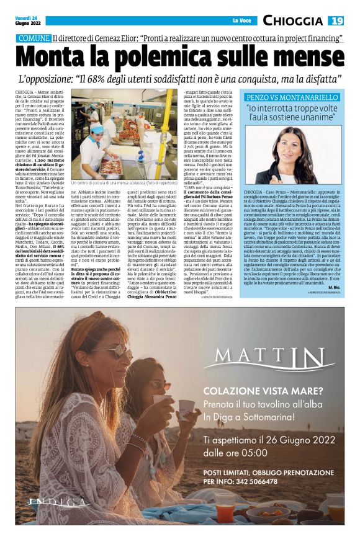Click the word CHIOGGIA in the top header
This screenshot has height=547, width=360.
[295, 20]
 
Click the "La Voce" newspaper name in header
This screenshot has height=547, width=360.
[242, 21]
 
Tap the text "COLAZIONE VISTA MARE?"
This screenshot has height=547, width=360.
[261, 392]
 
